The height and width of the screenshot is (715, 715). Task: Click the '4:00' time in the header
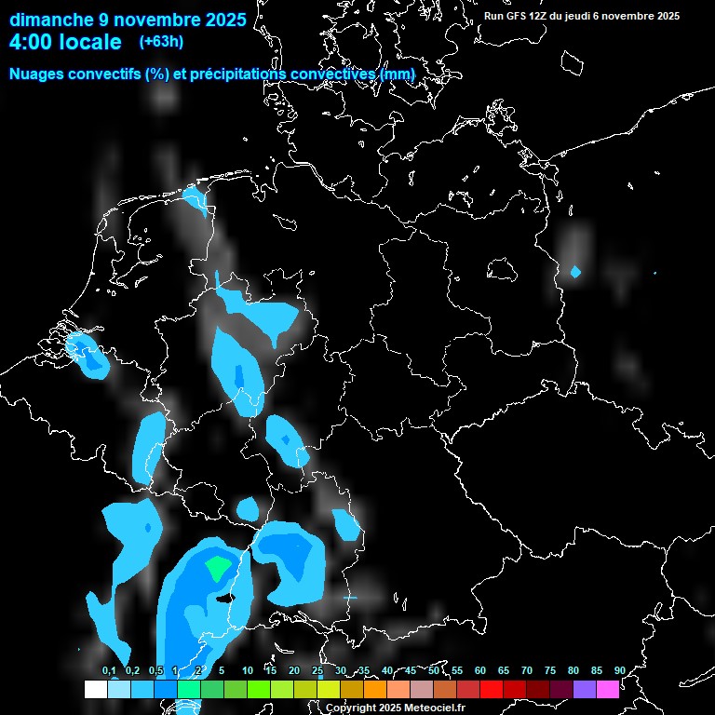point(30,42)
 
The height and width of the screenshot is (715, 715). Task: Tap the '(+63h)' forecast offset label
point(161,41)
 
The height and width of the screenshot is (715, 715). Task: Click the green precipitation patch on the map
point(218,566)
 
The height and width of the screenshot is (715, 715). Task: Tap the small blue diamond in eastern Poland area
point(575,272)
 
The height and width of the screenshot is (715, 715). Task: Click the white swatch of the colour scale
point(95,689)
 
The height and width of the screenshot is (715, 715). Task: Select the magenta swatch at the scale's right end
point(607,689)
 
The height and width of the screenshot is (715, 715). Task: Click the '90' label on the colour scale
point(619,670)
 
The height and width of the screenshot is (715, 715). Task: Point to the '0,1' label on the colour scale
point(109,670)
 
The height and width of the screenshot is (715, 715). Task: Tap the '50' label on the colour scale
point(434,670)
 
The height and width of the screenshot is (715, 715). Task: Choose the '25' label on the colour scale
point(317,670)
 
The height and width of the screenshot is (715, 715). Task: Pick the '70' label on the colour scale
point(527,670)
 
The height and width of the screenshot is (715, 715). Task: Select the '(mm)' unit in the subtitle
point(397,74)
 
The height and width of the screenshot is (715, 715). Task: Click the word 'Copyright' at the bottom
point(349,708)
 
